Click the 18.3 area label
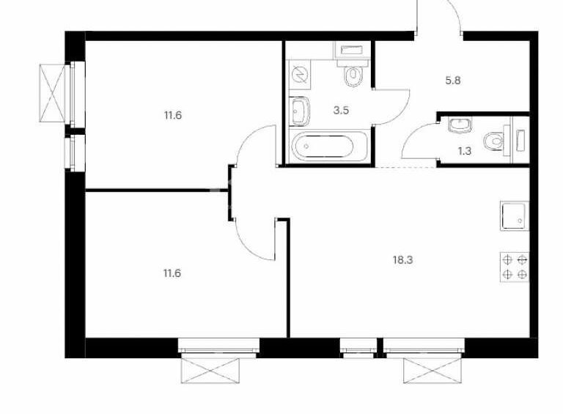(403, 259)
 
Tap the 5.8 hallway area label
(453, 81)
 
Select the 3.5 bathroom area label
(341, 110)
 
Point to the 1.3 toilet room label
(464, 151)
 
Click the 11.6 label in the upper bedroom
(173, 116)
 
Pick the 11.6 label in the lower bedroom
(172, 273)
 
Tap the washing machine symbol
(299, 75)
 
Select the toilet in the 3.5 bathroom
(353, 73)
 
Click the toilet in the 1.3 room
(496, 140)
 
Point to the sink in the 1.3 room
(460, 125)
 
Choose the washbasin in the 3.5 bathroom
(299, 111)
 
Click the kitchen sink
(515, 215)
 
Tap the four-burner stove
(515, 267)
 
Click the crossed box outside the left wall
(53, 93)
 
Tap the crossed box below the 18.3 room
(433, 371)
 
